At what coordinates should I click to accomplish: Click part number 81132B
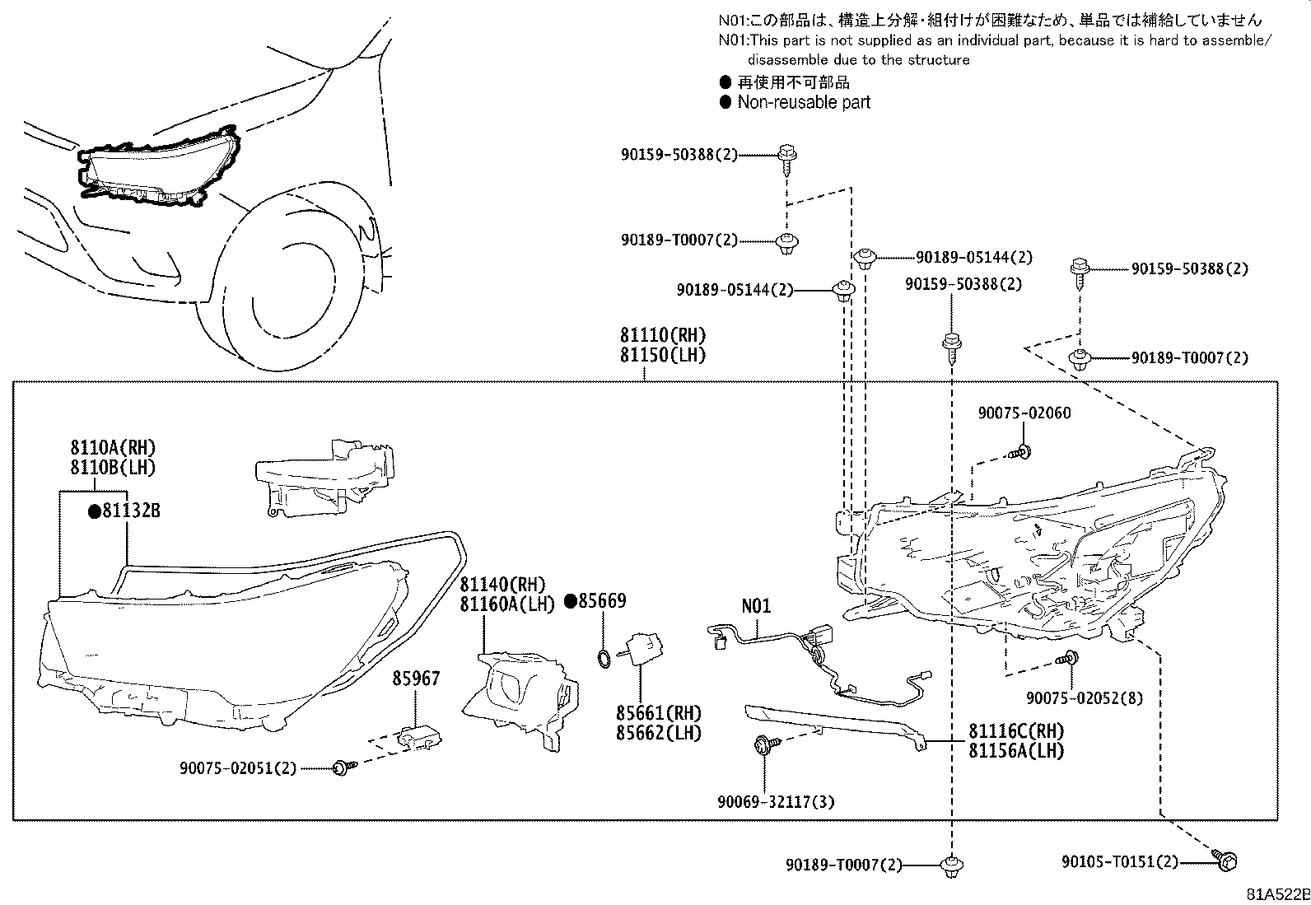[130, 511]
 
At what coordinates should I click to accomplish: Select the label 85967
[416, 679]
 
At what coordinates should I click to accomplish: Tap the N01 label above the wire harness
[756, 606]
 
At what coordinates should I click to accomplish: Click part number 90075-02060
[1024, 413]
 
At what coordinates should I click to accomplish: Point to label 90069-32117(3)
[776, 800]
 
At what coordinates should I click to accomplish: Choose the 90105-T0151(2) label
[1119, 861]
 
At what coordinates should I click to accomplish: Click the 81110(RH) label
[663, 335]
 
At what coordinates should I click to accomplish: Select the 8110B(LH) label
[112, 467]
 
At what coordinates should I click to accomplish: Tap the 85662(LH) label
[659, 732]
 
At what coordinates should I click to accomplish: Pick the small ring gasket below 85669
[603, 656]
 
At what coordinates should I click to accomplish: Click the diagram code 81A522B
[1276, 893]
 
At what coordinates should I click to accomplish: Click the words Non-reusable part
[804, 102]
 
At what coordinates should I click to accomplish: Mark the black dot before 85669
[571, 601]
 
